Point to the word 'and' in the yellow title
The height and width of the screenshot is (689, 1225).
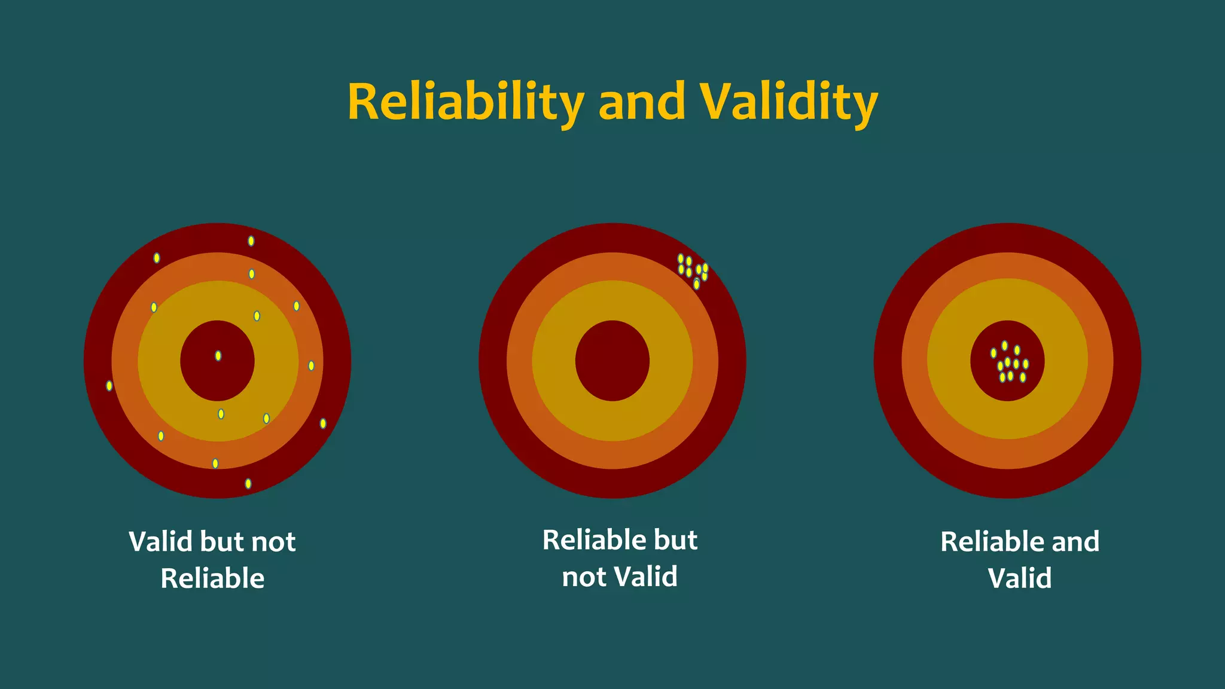tap(641, 102)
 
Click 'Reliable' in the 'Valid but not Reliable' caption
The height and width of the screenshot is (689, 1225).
tap(212, 578)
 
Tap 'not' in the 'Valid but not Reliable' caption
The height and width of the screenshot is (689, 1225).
tap(273, 542)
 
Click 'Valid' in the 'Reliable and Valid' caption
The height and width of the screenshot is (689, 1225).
tap(1019, 578)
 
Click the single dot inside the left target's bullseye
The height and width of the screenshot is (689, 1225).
tap(218, 356)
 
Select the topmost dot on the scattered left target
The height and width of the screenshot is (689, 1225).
tap(251, 241)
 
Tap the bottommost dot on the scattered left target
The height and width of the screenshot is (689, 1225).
tap(248, 483)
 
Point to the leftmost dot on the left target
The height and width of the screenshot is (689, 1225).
tap(109, 386)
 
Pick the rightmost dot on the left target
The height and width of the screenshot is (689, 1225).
tap(323, 423)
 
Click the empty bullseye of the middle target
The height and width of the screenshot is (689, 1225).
tap(612, 361)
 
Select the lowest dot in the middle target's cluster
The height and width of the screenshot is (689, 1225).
tap(696, 284)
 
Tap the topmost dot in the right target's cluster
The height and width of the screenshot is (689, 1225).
tap(1005, 346)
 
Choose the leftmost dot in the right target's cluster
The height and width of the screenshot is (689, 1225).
tap(994, 353)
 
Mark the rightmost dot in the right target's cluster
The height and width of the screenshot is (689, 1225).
tap(1026, 364)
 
